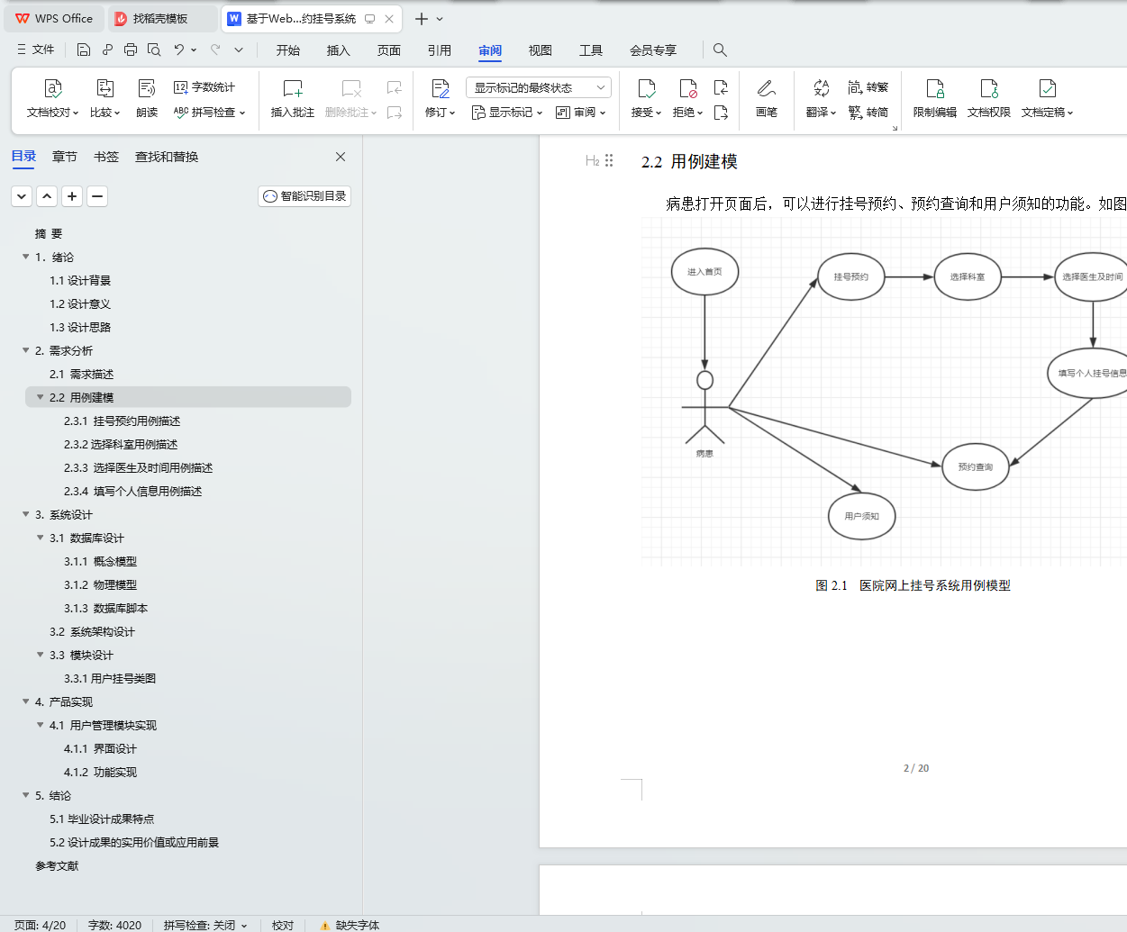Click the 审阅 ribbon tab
tap(489, 50)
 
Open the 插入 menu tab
tap(339, 50)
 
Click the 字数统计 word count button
tap(204, 86)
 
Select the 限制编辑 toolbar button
tap(934, 98)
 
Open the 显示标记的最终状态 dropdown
tap(538, 87)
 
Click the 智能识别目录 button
tap(304, 196)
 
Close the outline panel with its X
tap(340, 157)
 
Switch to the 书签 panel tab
tap(105, 157)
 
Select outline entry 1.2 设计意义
tap(80, 303)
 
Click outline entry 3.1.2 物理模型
tap(100, 584)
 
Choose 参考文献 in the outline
tap(57, 865)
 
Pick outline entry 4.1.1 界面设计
tap(100, 748)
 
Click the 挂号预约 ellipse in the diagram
tap(850, 276)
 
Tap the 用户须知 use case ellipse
tap(861, 516)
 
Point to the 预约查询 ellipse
tap(975, 466)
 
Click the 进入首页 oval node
tap(704, 271)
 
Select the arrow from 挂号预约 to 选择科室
tap(910, 276)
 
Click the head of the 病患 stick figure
tap(704, 380)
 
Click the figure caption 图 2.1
tap(831, 585)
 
